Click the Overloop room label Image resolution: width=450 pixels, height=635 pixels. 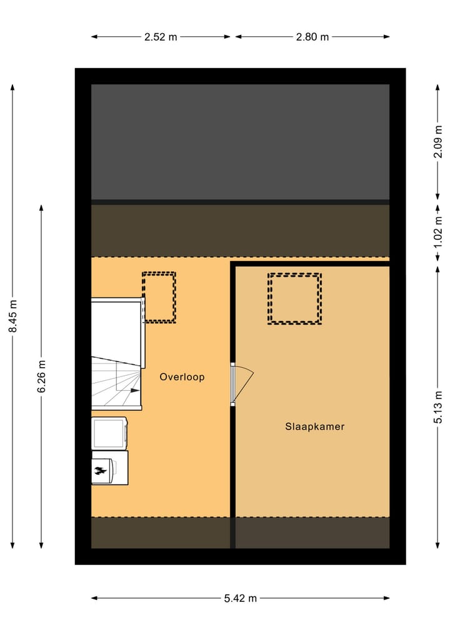tap(182, 377)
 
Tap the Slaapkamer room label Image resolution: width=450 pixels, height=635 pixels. tap(315, 427)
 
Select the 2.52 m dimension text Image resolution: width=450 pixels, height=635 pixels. tap(161, 37)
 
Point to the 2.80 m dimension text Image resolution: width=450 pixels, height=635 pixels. tap(312, 37)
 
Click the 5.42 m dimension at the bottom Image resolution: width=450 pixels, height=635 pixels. tap(241, 598)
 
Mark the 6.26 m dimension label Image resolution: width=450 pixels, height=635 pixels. tap(41, 377)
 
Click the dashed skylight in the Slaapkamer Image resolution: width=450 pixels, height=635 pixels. tap(294, 298)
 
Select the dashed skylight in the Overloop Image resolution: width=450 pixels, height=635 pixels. tap(159, 297)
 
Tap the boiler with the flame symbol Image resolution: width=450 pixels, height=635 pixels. tap(109, 468)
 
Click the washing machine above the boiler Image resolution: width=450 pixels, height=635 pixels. tap(109, 433)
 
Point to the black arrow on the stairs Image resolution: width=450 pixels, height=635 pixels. tap(134, 390)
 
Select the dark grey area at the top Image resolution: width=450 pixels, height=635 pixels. tap(240, 142)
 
